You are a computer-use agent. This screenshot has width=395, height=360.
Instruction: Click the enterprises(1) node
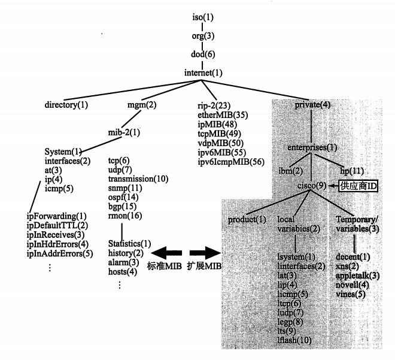(x=312, y=146)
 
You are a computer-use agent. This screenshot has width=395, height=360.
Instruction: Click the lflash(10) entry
(x=294, y=340)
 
